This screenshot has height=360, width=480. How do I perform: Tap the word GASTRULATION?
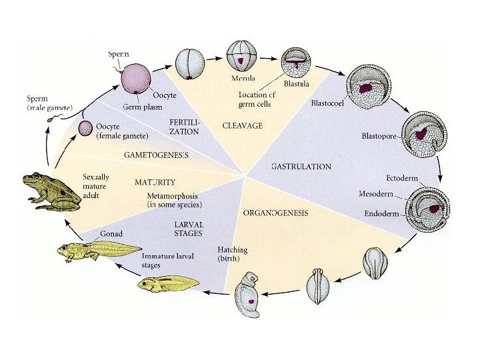[x=301, y=166]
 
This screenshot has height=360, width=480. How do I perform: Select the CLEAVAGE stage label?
[x=241, y=125]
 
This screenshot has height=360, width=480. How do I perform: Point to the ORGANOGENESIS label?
[x=275, y=213]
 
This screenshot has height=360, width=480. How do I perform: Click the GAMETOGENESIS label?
[x=156, y=155]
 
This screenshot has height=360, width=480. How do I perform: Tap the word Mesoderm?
[x=375, y=195]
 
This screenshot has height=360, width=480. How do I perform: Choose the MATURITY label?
[x=155, y=182]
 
